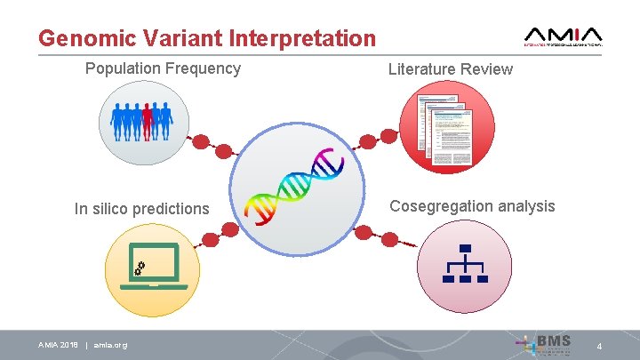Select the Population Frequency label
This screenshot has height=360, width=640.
point(163,68)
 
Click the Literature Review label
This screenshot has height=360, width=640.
point(450,68)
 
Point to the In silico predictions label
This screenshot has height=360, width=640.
point(142,209)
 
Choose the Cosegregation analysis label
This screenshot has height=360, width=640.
point(472,206)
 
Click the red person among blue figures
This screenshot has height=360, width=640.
point(148,121)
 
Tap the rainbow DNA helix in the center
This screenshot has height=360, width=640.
point(295,185)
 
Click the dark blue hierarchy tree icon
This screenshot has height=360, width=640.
point(465,264)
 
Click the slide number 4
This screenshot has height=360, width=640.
point(599,345)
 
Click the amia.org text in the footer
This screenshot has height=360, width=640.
point(110,345)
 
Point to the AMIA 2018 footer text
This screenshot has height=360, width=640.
point(58,345)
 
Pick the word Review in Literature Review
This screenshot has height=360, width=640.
point(489,68)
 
